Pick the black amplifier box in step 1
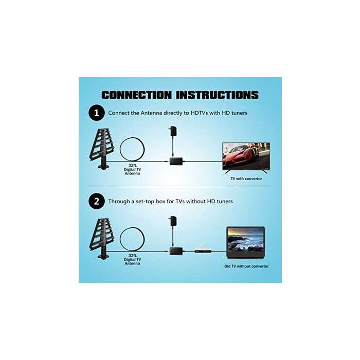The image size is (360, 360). coord(176,161)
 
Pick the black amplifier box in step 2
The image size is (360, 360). coord(176,250)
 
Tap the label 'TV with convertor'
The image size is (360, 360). coord(246,178)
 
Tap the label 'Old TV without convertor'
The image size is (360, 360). coord(246,266)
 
